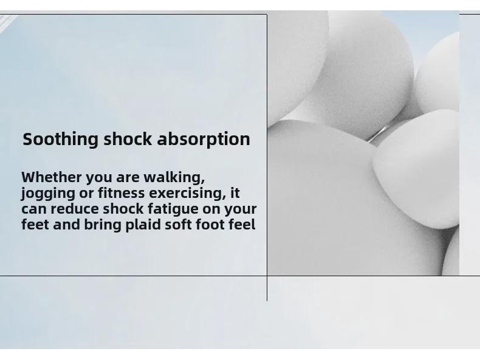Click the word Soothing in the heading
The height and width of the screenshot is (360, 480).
pos(60,139)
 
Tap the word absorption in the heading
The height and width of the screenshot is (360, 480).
pos(204,139)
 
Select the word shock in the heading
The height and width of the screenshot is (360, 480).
pos(128,138)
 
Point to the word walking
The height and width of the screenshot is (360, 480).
pos(174,178)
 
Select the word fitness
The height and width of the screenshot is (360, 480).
pos(122,193)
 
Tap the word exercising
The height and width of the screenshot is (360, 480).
pos(187,194)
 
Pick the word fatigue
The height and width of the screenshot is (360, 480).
pos(173,210)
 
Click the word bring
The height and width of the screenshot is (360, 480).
pos(103,225)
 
